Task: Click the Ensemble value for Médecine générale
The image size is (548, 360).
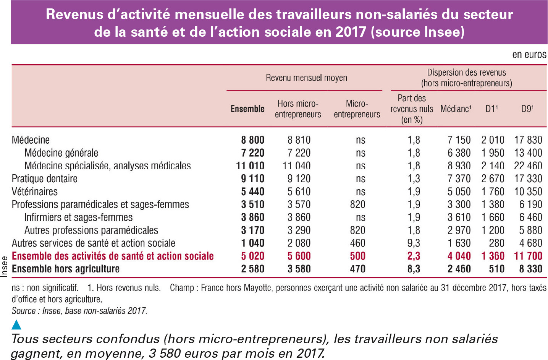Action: [253, 153]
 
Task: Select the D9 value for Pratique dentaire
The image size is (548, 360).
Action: [528, 178]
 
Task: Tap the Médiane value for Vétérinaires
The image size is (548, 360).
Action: [459, 191]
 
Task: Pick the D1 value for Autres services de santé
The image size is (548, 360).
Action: [496, 243]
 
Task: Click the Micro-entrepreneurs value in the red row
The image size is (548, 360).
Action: [357, 256]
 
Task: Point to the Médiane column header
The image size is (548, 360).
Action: [456, 109]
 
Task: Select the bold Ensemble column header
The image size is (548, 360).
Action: [247, 109]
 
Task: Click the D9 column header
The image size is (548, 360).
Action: [527, 109]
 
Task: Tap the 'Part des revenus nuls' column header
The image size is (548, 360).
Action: [412, 109]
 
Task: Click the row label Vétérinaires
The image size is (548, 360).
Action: [34, 191]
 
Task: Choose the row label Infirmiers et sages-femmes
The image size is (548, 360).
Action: [78, 217]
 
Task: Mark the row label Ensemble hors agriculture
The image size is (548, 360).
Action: [66, 269]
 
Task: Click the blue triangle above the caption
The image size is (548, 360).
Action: [16, 324]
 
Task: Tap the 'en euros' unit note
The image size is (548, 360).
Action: [529, 55]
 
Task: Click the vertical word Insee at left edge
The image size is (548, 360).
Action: [4, 267]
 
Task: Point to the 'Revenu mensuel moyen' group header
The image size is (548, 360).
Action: [306, 78]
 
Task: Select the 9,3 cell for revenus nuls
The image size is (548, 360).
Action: [414, 243]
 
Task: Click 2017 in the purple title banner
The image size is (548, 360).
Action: [351, 32]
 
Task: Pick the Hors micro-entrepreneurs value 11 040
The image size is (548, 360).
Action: [296, 166]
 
